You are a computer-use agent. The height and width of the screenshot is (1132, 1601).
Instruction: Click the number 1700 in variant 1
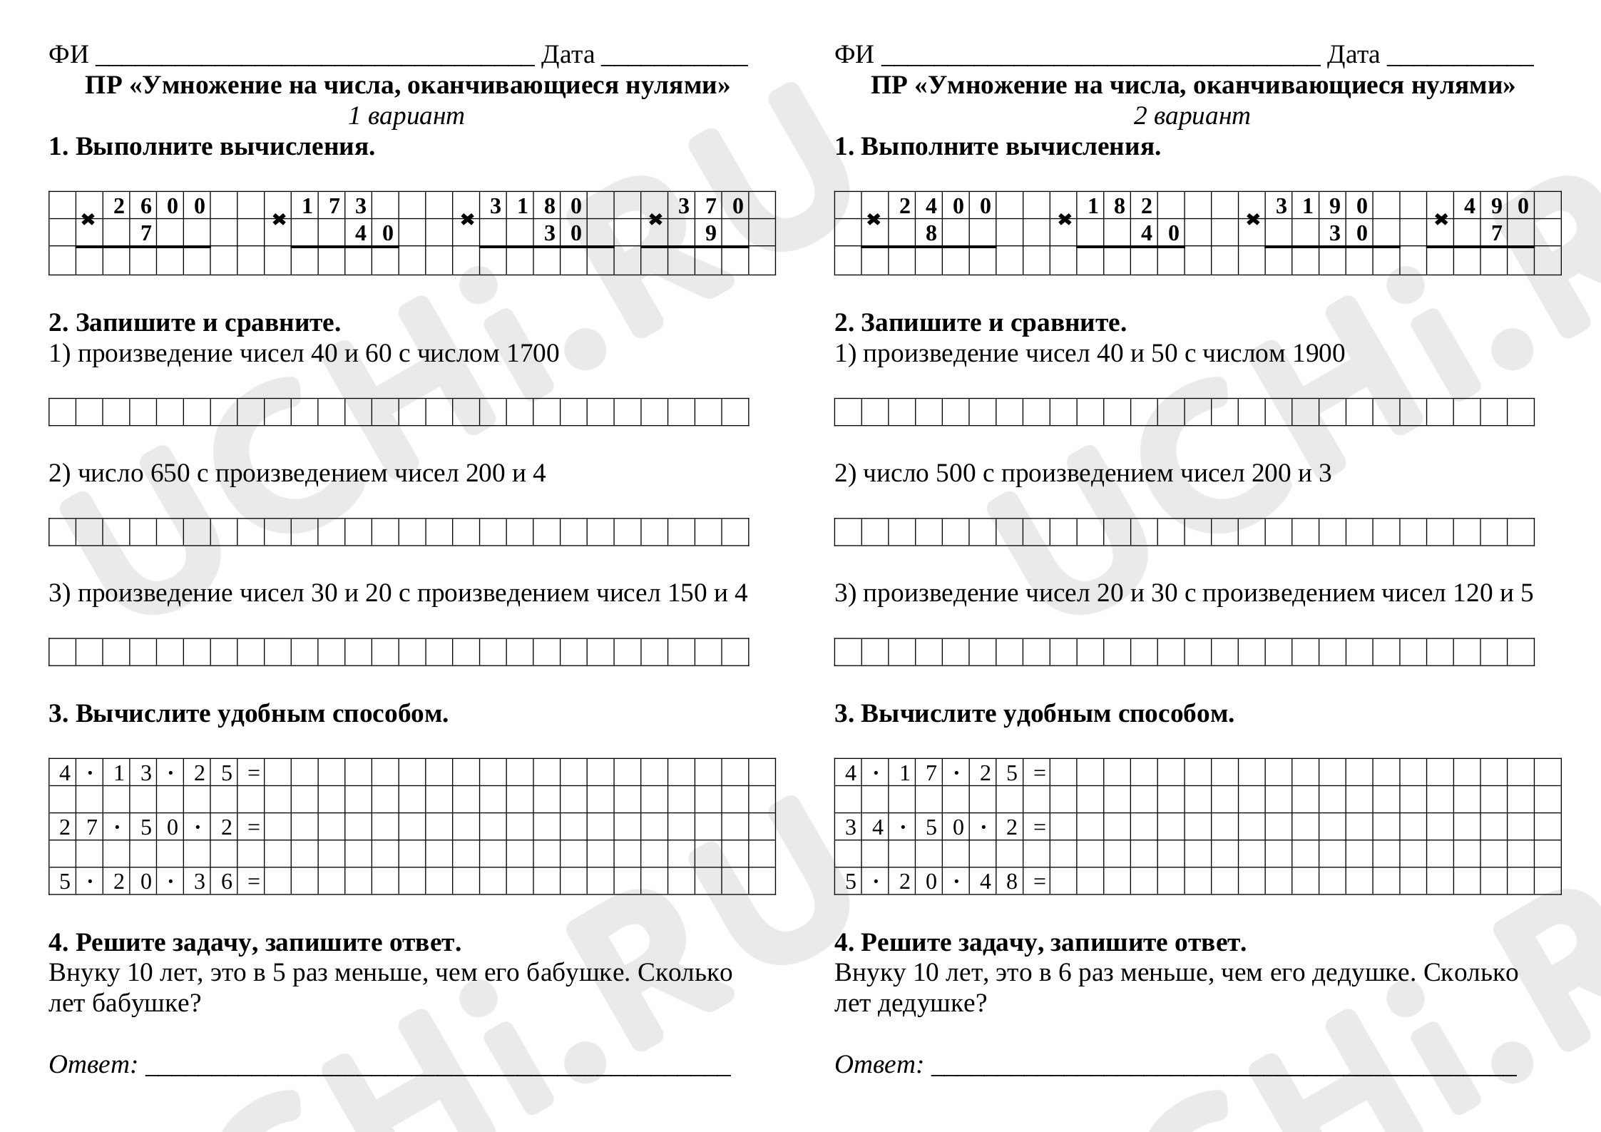click(x=532, y=354)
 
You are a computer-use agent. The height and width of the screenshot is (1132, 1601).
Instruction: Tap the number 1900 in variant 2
click(x=1318, y=354)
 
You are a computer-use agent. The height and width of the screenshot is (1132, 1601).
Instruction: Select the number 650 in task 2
click(x=170, y=474)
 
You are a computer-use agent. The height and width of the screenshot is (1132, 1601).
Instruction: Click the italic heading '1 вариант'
click(x=406, y=116)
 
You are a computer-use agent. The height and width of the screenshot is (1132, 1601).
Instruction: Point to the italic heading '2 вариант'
click(x=1192, y=116)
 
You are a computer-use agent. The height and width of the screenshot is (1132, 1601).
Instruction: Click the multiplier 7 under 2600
click(x=145, y=233)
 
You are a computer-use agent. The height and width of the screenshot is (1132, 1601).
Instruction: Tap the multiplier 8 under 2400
click(x=931, y=233)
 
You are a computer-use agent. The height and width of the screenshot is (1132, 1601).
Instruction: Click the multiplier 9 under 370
click(x=710, y=233)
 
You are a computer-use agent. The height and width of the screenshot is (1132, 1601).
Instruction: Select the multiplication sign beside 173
click(x=280, y=220)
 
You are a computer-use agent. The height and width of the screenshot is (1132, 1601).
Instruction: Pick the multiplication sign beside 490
click(x=1441, y=220)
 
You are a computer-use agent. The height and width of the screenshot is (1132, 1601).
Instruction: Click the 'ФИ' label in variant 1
click(x=68, y=55)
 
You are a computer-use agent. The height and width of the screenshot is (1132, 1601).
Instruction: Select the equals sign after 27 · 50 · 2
click(x=253, y=828)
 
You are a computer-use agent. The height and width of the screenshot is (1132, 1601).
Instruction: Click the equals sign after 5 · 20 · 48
click(x=1040, y=882)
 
